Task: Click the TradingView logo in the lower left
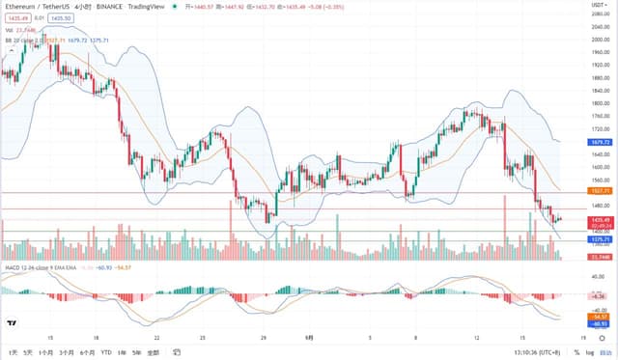click(x=12, y=321)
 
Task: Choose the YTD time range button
click(x=106, y=352)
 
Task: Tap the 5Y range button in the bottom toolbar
click(x=138, y=352)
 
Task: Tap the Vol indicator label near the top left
click(x=9, y=30)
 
